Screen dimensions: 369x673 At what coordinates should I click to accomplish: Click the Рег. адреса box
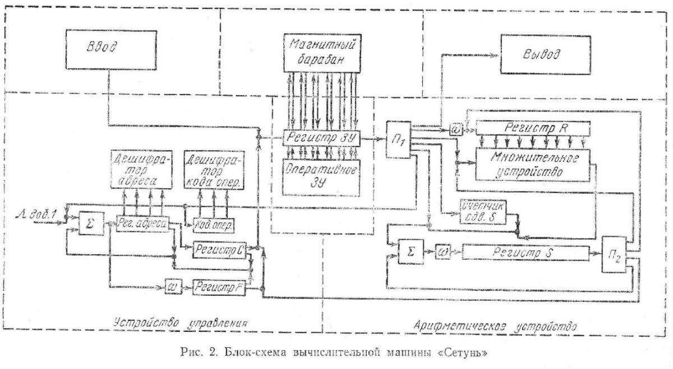click(x=143, y=223)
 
